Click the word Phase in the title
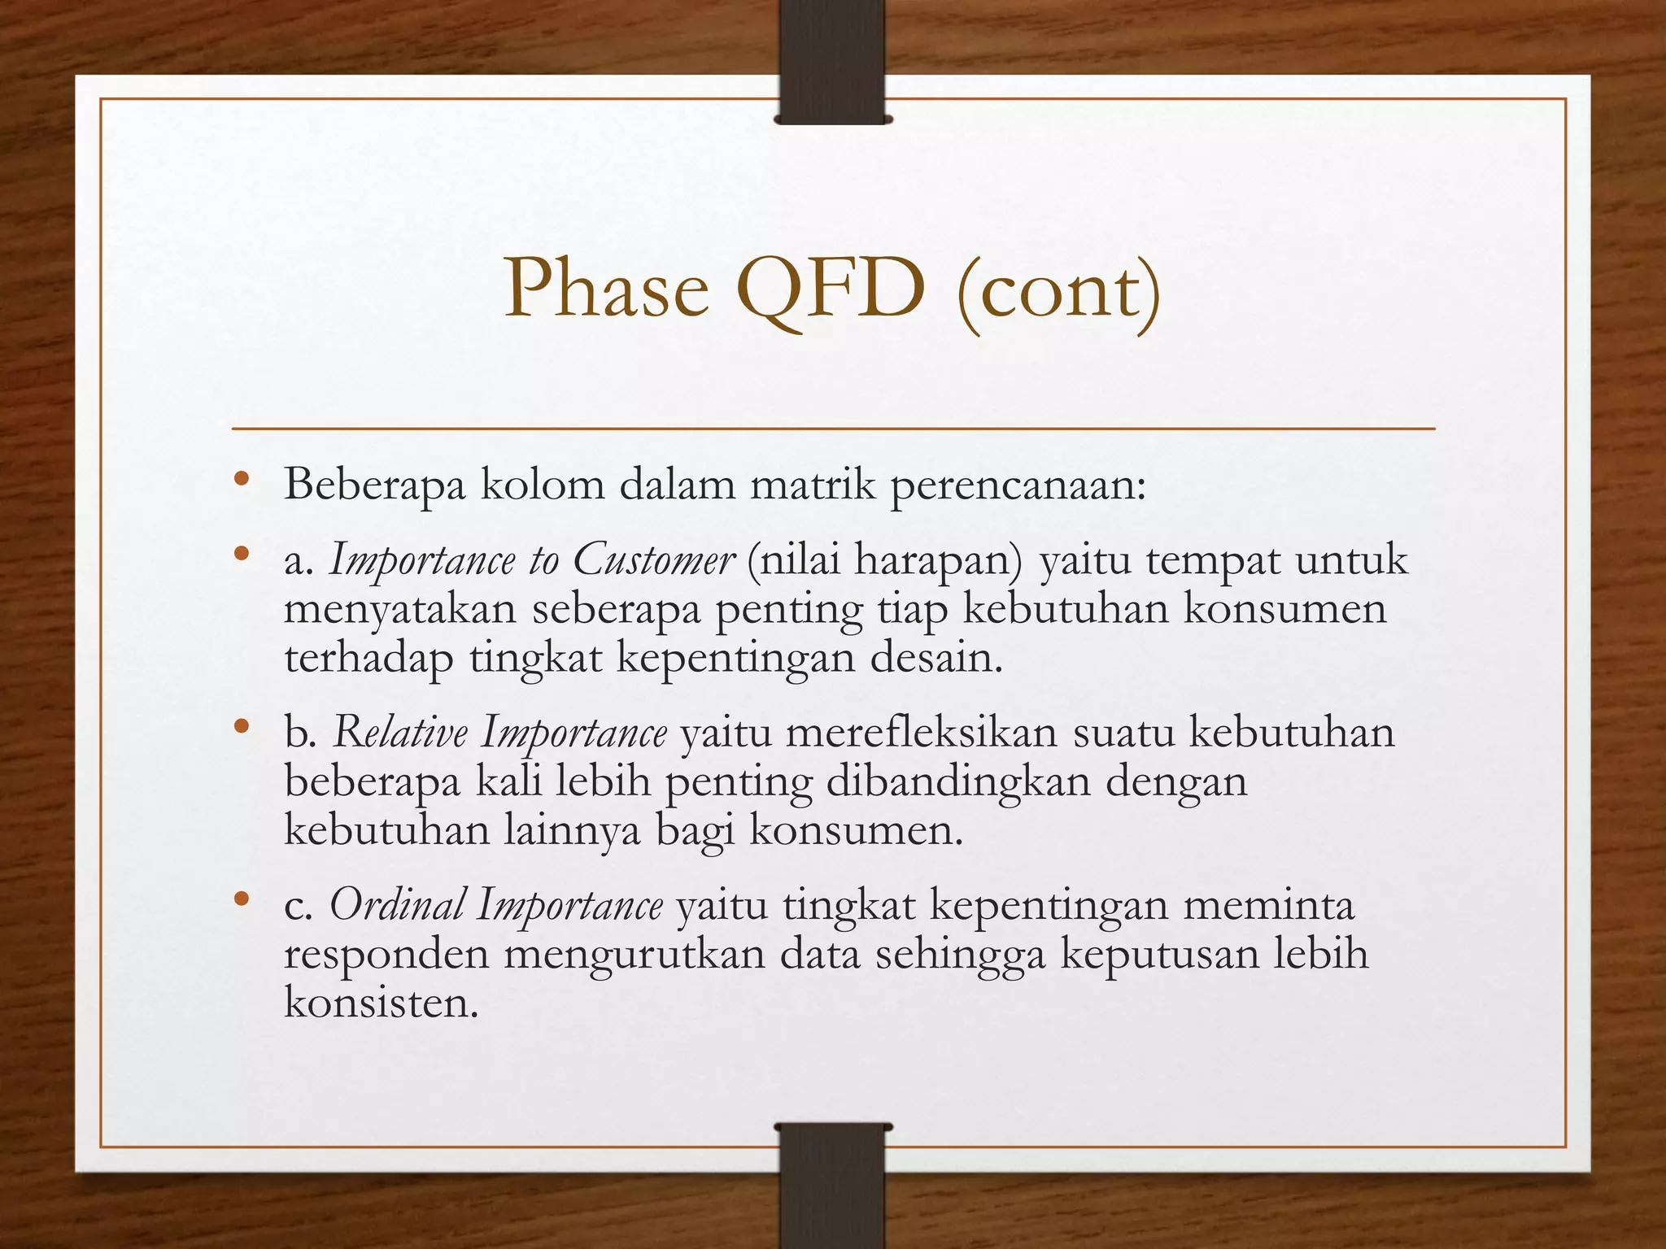(x=606, y=290)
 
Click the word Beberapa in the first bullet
(x=375, y=485)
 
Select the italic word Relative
(x=400, y=732)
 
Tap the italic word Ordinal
(x=398, y=904)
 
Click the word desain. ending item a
(x=935, y=658)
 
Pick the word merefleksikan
(x=921, y=732)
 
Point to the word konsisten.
(x=380, y=1003)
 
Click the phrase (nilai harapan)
(x=883, y=561)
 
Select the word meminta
(x=1268, y=905)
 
